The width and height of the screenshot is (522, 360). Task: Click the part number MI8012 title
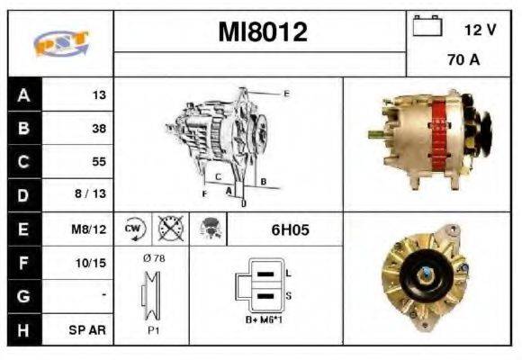click(263, 33)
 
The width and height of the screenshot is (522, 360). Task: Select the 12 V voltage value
click(480, 30)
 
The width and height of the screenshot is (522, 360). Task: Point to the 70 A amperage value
click(463, 61)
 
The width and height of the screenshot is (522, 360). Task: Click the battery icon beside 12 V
click(426, 27)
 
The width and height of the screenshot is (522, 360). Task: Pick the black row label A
click(23, 94)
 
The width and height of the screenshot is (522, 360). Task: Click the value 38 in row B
click(98, 129)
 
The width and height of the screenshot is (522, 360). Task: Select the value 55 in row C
click(98, 162)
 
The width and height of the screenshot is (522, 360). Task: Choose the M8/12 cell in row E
click(90, 229)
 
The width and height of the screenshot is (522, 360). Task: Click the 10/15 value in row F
click(92, 263)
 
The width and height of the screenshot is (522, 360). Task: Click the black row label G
click(23, 296)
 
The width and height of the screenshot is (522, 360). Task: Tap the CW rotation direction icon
click(133, 229)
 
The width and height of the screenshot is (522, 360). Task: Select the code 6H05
click(290, 229)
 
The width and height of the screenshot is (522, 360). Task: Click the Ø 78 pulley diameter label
click(153, 258)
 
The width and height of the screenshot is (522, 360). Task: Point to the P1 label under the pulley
click(153, 329)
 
